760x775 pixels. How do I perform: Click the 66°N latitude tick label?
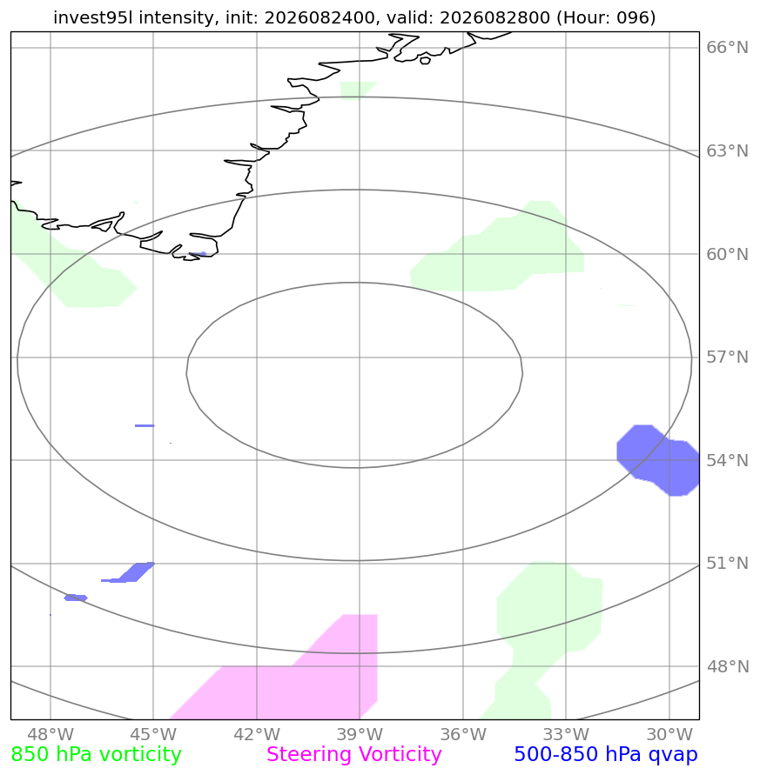[727, 48]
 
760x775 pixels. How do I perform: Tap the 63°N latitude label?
[727, 150]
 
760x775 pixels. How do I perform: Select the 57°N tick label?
[727, 357]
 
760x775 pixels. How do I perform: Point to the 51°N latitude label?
[727, 563]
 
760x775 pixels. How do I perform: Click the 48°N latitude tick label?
[727, 666]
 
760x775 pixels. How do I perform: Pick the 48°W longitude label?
[50, 734]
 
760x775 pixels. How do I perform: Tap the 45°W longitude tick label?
[153, 734]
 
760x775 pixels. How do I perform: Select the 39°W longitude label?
[360, 734]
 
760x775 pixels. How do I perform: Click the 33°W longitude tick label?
[566, 734]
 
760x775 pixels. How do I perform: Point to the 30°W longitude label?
[669, 734]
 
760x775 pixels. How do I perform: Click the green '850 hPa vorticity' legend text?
[96, 755]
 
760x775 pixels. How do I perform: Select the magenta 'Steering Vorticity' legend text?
[353, 755]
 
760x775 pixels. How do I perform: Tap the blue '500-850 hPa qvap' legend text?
[606, 755]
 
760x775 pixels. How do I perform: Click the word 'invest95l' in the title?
[94, 17]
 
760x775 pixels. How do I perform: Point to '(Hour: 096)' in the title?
[606, 17]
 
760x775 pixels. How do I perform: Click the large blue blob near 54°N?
[658, 460]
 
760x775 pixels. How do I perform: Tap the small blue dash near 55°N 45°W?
[145, 425]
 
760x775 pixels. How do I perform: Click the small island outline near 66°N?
[425, 60]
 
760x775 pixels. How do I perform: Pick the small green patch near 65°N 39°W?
[356, 90]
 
